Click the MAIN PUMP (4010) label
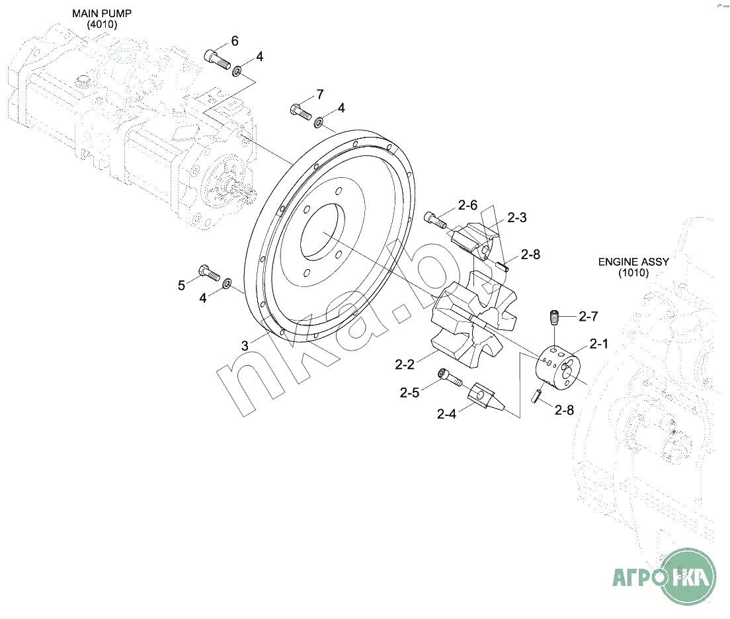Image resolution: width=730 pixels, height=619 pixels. click(101, 19)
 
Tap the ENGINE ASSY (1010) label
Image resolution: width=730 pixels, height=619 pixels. click(633, 267)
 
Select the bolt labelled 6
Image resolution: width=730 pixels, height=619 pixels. click(218, 59)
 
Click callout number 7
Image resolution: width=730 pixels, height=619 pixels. click(320, 95)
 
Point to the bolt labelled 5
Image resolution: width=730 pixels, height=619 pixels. click(209, 272)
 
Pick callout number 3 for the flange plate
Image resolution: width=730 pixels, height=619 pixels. click(245, 346)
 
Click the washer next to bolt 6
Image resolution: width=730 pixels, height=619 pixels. click(237, 71)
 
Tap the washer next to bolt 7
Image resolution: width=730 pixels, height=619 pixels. click(319, 122)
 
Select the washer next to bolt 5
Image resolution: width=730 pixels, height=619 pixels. click(227, 283)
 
